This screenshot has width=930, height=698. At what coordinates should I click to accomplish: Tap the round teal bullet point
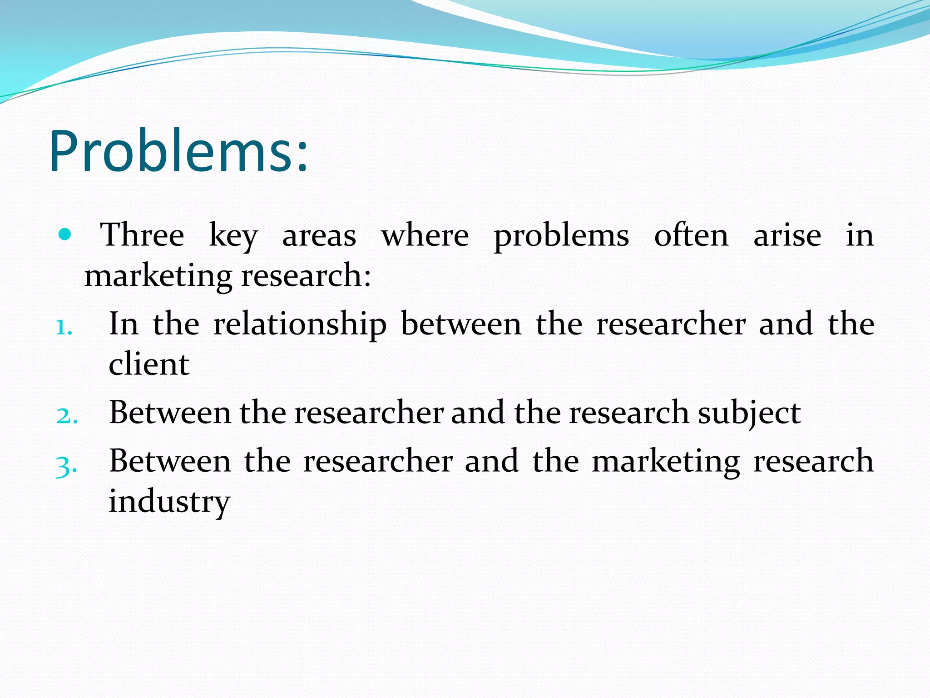coord(65,234)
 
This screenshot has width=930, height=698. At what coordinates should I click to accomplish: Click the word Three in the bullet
coord(142,235)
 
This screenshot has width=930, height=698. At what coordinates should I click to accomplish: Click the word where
coord(425,235)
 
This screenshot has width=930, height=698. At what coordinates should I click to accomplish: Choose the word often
coord(691,235)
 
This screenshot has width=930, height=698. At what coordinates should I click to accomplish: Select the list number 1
coord(64,327)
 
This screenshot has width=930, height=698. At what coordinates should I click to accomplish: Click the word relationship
coord(300,325)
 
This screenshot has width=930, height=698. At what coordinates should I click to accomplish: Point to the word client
coord(149,364)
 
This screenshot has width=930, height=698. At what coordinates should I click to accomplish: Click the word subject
coord(749,414)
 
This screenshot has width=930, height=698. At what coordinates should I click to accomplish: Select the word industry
coord(169,502)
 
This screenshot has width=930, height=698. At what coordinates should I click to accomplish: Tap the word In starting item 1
coord(124,324)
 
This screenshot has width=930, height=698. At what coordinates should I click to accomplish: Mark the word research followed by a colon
coord(306,276)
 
